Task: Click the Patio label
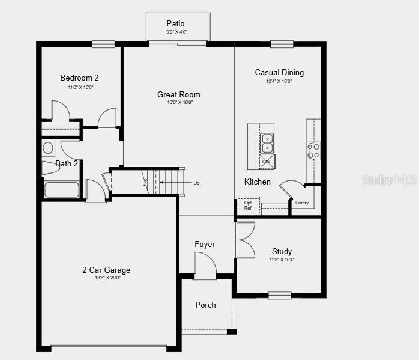(176, 23)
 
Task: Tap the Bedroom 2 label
(79, 78)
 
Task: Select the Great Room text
(179, 94)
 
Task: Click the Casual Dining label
(279, 72)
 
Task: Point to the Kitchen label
(257, 182)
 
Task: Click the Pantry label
(302, 203)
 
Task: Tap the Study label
(282, 251)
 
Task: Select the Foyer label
(205, 244)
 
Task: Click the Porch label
(205, 305)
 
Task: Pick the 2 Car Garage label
(106, 270)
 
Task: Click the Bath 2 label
(67, 163)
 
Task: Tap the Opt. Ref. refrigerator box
(249, 206)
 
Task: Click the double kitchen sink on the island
(267, 144)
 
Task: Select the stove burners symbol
(313, 151)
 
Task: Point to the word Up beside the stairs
(196, 183)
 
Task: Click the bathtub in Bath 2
(61, 190)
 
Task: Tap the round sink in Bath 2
(48, 148)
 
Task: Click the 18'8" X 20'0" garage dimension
(106, 278)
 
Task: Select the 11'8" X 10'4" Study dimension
(282, 260)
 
